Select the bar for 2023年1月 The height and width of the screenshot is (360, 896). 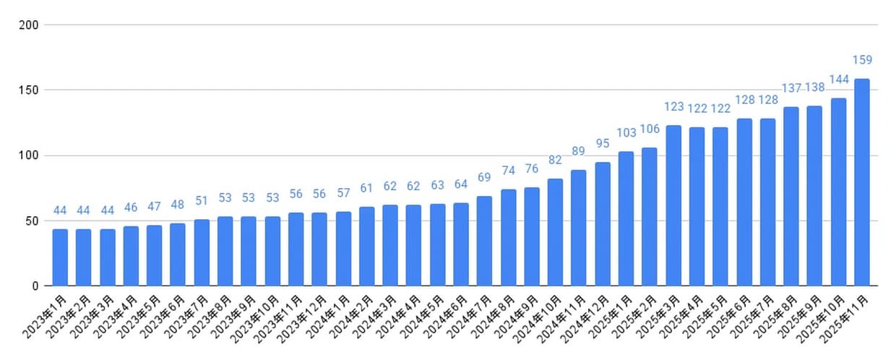pos(60,257)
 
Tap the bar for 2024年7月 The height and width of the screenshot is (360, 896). pos(484,241)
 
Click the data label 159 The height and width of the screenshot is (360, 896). pos(862,60)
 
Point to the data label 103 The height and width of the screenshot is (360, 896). pos(626,133)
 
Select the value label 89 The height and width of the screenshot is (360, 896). pos(578,151)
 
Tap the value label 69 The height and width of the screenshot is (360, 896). pos(484,178)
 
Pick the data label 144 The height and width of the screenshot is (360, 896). pos(838,80)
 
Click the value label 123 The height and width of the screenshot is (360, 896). pos(673,107)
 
